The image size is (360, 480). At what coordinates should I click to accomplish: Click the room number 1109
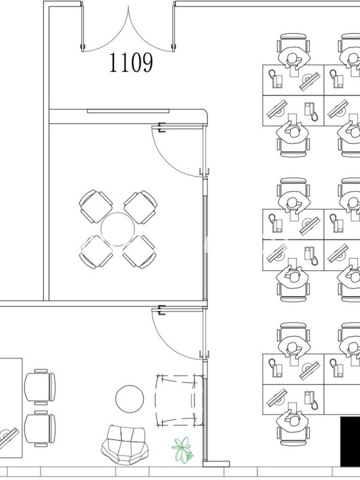click(131, 62)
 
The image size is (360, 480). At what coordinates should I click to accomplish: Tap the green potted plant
click(183, 449)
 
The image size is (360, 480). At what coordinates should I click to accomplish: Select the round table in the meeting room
click(118, 229)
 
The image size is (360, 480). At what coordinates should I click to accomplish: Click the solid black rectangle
click(350, 442)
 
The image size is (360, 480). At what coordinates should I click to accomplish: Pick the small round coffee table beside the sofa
click(130, 399)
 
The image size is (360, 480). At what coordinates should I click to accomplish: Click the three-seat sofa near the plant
click(125, 443)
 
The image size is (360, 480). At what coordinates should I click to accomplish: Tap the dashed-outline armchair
click(179, 400)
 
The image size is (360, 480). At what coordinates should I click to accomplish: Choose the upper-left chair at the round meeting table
click(95, 206)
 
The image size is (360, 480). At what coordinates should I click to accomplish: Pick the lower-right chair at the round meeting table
click(140, 251)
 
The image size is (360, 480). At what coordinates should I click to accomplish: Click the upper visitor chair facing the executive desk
click(40, 386)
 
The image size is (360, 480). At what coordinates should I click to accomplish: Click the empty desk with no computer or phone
click(342, 400)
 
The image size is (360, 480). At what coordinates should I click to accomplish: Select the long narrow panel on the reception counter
click(128, 111)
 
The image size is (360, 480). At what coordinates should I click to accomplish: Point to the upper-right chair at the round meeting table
click(140, 207)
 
